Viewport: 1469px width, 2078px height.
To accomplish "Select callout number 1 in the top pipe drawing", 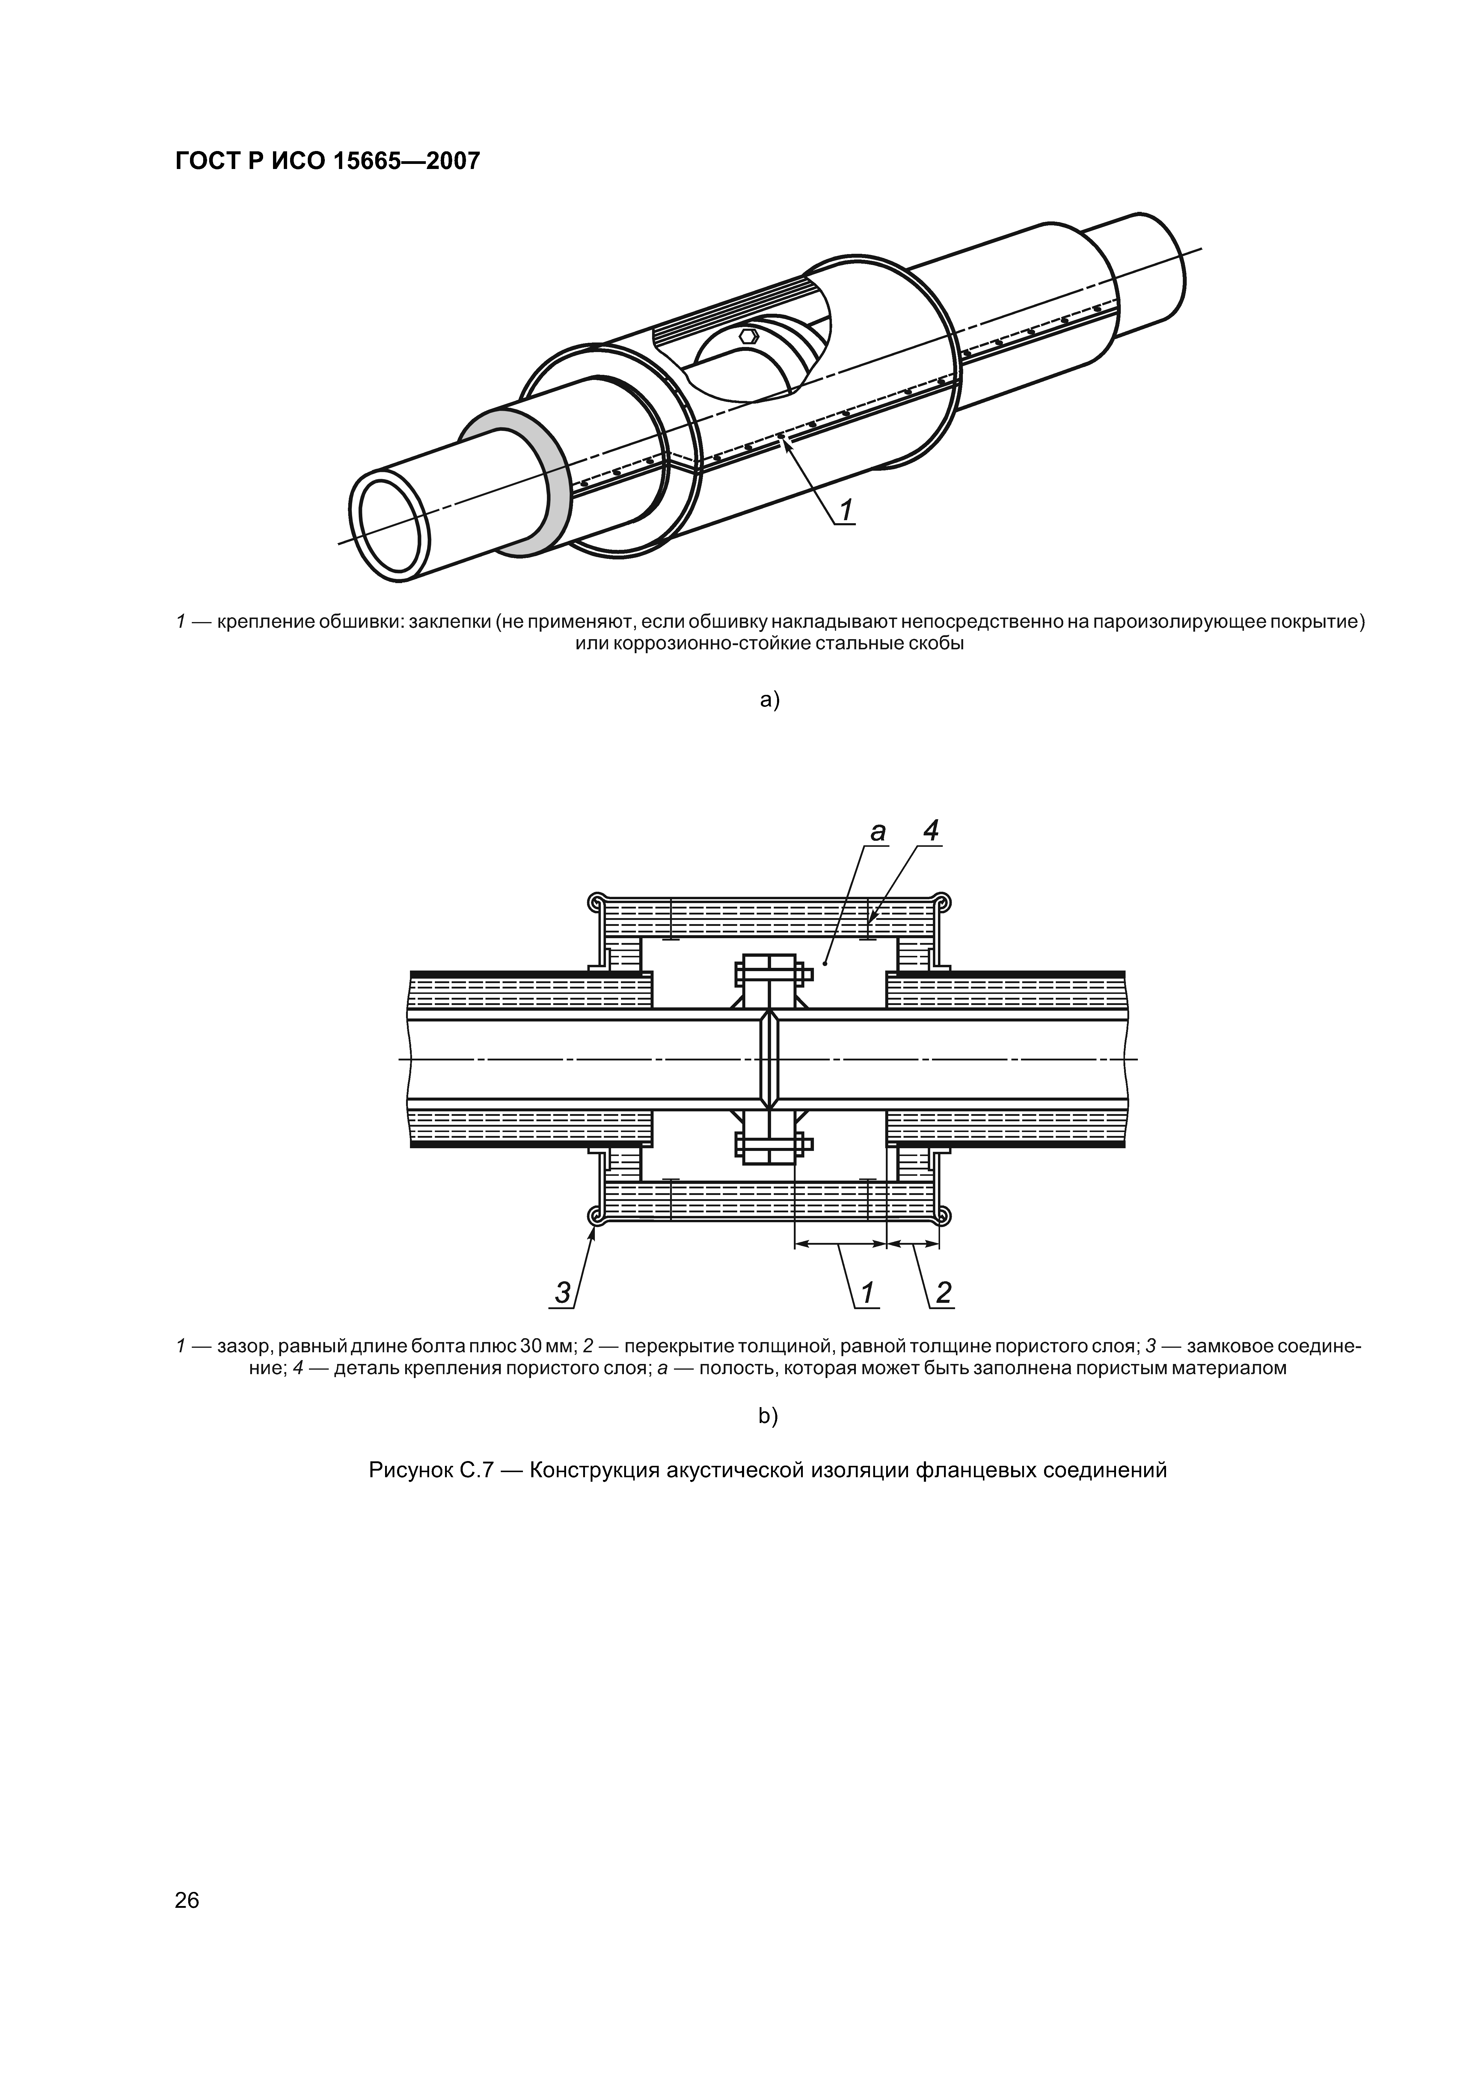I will pyautogui.click(x=845, y=511).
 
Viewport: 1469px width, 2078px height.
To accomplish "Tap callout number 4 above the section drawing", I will pyautogui.click(x=931, y=831).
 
